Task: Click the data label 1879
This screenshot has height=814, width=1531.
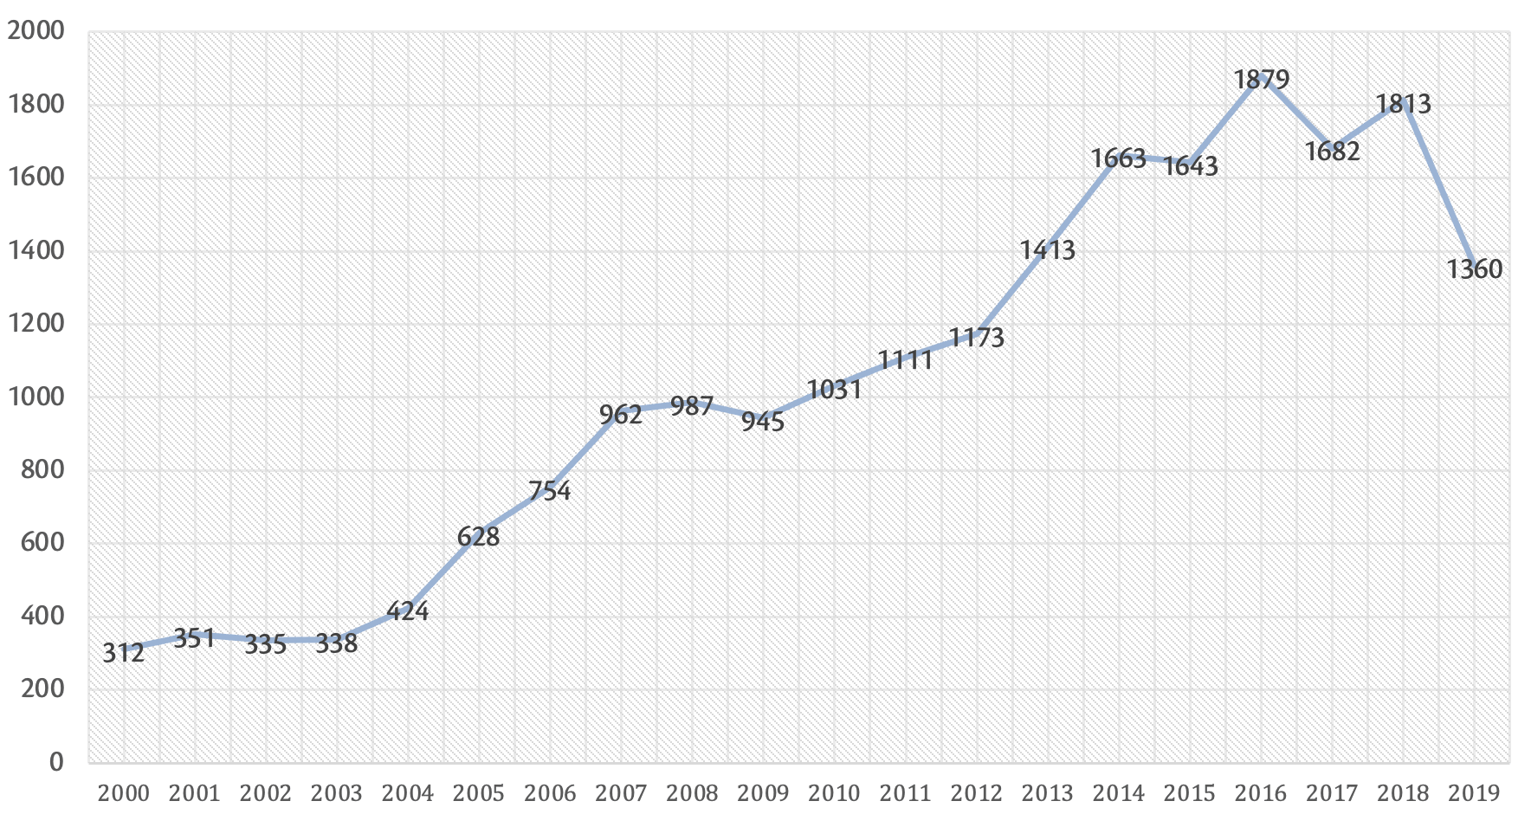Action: (1262, 80)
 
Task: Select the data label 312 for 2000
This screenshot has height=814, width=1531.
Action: (123, 653)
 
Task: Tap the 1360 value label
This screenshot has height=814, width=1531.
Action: (1474, 269)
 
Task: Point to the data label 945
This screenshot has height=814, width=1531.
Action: (763, 422)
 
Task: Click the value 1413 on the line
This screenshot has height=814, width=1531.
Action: (1048, 250)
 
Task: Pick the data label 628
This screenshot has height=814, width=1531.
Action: (479, 537)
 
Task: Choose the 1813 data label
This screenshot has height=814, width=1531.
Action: (1404, 104)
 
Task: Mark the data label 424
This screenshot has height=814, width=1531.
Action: (407, 611)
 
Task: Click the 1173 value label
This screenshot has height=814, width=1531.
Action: (977, 338)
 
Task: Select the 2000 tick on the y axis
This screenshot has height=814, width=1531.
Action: (36, 31)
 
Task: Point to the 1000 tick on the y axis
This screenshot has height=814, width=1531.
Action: (36, 397)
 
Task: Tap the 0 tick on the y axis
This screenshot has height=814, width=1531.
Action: (56, 762)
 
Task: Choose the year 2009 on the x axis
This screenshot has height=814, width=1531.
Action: (763, 793)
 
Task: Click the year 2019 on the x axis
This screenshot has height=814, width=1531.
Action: (1474, 793)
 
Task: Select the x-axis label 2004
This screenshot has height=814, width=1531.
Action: (407, 793)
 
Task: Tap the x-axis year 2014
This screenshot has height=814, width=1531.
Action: (1119, 793)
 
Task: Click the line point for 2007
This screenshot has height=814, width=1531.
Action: (621, 410)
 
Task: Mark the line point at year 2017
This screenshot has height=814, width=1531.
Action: (1333, 147)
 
